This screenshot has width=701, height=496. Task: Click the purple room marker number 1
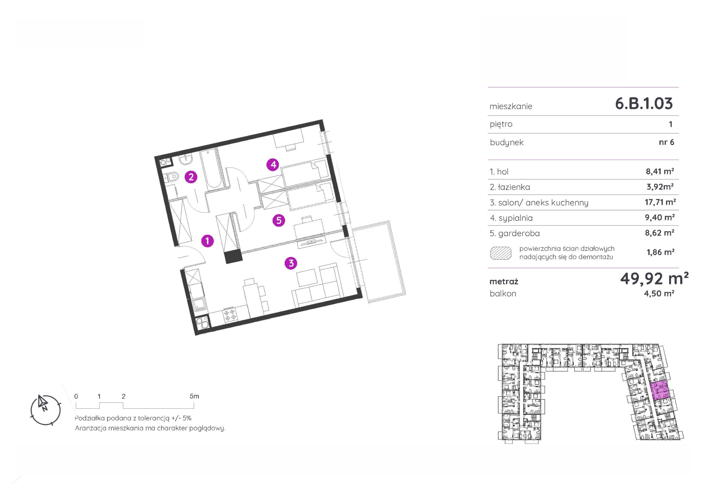[x=207, y=241]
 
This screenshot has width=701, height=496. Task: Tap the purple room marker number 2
[x=191, y=177]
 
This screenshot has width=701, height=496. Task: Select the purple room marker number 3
[x=291, y=263]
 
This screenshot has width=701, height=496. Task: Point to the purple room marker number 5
[x=279, y=220]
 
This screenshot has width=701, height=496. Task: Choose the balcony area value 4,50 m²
[x=659, y=293]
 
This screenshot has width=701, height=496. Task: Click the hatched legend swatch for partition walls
[x=501, y=253]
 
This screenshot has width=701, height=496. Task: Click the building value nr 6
[x=667, y=142]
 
